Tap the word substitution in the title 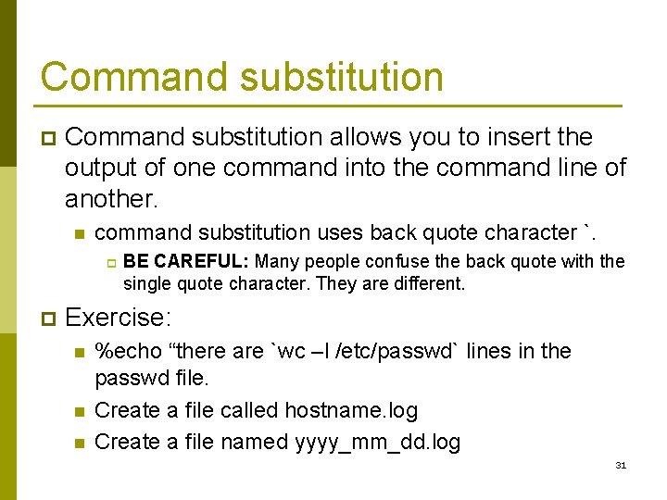coord(342,77)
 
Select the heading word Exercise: coord(119,319)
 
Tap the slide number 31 coord(621,465)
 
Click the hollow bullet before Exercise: coord(48,319)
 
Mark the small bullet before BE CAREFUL coord(107,263)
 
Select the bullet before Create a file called coord(79,411)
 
